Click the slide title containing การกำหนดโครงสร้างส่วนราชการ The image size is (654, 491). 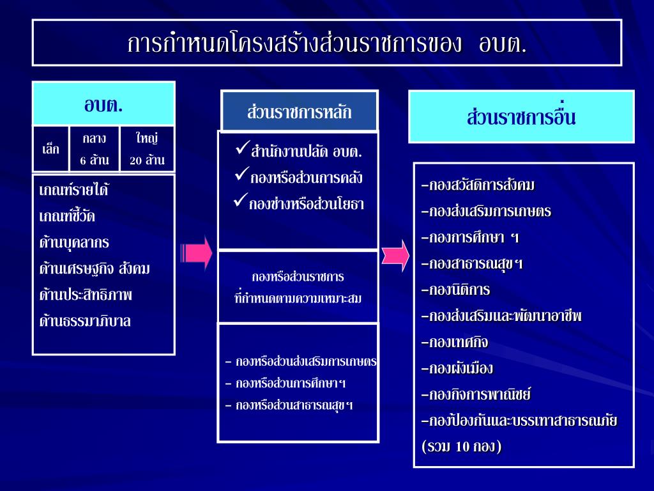(326, 43)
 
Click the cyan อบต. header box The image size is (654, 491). (103, 104)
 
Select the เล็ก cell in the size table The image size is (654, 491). (50, 150)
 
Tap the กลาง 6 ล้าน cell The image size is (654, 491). (95, 149)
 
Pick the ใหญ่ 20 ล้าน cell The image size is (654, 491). (147, 149)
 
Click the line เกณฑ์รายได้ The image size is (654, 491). (73, 191)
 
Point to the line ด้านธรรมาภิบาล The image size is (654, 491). (85, 321)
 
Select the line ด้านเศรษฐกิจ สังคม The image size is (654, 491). (95, 269)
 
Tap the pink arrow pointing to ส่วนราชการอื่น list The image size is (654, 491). (395, 254)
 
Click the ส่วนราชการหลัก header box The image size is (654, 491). (299, 111)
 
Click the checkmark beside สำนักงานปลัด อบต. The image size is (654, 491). (241, 151)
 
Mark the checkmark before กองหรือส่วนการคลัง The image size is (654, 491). (241, 175)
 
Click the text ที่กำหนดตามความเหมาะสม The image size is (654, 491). (298, 299)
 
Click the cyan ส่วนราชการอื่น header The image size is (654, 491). (521, 117)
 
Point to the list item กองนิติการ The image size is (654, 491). (456, 290)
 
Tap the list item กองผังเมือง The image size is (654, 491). (457, 369)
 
